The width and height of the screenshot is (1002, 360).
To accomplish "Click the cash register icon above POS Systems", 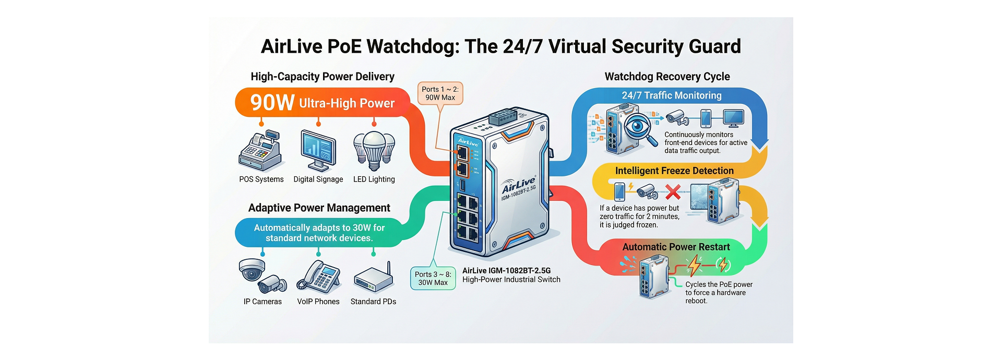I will click(261, 151).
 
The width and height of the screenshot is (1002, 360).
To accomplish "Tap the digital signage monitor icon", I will click(318, 150).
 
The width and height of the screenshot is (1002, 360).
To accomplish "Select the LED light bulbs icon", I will click(374, 150).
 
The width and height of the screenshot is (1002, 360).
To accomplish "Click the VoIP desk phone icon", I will click(318, 277).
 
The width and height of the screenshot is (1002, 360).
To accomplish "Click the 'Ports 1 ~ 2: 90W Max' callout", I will click(440, 93).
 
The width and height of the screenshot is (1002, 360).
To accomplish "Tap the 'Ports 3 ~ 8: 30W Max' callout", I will click(433, 278).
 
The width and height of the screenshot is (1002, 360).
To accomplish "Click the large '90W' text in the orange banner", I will click(272, 103).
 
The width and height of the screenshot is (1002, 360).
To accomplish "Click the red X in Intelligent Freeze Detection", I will click(673, 192).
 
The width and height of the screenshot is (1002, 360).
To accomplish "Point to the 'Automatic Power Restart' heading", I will click(676, 247).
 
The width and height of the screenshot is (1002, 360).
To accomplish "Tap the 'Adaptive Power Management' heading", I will click(319, 208).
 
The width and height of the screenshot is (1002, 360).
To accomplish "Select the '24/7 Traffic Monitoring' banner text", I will click(671, 95).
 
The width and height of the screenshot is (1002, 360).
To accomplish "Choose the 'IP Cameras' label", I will click(263, 302).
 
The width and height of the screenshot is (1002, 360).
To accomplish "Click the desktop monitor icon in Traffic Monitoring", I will click(733, 118).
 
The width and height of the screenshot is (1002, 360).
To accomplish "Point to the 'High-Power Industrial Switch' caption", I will click(511, 280).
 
